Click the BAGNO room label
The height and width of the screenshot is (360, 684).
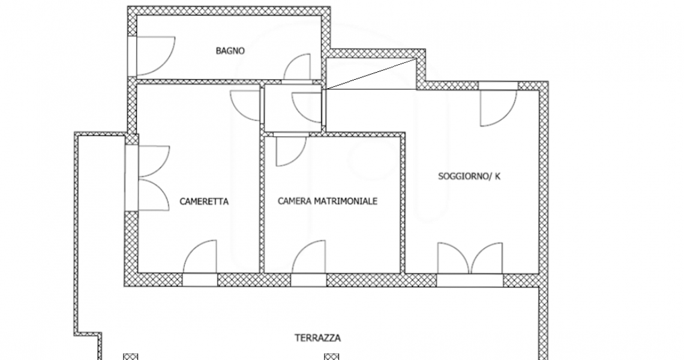[230, 50]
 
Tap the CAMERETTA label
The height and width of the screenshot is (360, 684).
[204, 202]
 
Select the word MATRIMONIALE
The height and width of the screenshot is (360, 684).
[346, 201]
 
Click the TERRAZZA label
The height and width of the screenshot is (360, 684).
[317, 338]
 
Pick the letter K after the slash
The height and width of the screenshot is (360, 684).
[498, 176]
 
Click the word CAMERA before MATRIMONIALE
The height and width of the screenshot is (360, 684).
[295, 201]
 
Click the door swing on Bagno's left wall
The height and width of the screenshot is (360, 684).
[156, 56]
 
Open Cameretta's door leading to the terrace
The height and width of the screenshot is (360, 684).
[200, 257]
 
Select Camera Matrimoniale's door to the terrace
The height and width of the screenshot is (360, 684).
[309, 257]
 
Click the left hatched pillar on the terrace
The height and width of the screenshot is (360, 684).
[130, 357]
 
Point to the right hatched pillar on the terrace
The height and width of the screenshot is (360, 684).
[332, 357]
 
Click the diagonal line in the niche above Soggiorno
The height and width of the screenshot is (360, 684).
[371, 74]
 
